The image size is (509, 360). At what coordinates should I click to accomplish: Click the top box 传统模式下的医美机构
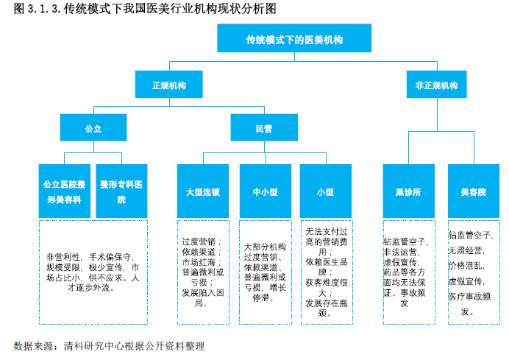coord(294,38)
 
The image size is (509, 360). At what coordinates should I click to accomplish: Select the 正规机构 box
coord(168,85)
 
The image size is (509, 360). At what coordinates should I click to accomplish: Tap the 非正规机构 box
coord(437,85)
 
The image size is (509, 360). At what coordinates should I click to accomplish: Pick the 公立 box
coord(93,127)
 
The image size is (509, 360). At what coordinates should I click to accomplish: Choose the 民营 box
coord(264,127)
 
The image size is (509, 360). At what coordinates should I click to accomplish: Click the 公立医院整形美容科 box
coord(65,191)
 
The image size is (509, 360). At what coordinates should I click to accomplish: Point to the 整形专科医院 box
coord(121,191)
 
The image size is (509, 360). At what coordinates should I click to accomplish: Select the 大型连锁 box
coord(203,191)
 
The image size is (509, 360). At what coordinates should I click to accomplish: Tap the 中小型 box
coord(266,191)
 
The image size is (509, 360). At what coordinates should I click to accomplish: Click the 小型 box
coord(326,191)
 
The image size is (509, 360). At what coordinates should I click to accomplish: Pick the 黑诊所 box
coord(409,191)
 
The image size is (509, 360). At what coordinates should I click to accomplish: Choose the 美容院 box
coord(474,191)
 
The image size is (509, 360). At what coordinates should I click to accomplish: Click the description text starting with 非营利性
coord(93,272)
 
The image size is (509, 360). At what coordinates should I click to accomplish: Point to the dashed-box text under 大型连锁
coord(203,272)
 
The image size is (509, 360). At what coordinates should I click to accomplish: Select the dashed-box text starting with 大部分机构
coord(265,272)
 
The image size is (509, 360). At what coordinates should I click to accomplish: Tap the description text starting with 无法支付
coord(327,272)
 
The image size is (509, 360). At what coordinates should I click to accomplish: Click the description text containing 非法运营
coord(405,272)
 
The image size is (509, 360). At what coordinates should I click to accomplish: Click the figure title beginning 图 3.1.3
coord(145,9)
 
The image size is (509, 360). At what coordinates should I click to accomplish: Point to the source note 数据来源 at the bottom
coord(109,346)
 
